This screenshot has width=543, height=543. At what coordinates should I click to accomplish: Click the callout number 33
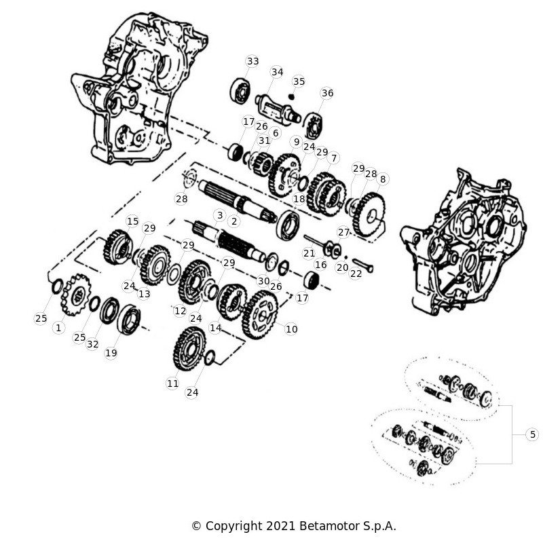click(252, 61)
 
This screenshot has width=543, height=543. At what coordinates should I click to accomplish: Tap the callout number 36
click(327, 93)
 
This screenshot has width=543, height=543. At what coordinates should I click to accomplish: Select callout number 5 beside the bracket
click(533, 434)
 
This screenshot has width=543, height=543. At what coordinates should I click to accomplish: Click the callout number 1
click(58, 328)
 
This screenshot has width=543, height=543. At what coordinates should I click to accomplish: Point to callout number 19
click(111, 353)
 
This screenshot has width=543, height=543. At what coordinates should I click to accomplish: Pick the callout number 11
click(173, 383)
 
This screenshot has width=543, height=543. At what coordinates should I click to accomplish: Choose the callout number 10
click(292, 329)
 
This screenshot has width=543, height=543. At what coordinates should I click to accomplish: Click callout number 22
click(356, 274)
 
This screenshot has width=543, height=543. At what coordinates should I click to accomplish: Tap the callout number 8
click(383, 179)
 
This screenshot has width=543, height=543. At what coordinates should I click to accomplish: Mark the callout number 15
click(132, 221)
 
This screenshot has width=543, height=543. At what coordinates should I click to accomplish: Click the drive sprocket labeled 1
click(77, 295)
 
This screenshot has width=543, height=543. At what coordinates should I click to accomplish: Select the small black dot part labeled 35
click(292, 96)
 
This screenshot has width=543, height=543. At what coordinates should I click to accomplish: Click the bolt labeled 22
click(362, 265)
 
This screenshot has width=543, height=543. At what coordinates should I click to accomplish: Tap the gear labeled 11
click(189, 349)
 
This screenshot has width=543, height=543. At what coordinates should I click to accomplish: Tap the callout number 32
click(92, 344)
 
